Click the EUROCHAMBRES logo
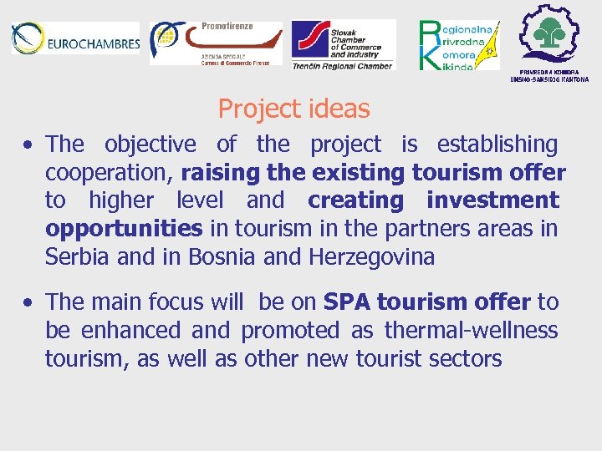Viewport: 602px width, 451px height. (x=74, y=40)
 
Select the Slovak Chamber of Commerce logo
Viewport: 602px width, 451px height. (x=343, y=44)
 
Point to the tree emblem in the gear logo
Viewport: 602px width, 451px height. (x=550, y=33)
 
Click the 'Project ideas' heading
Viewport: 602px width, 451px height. (x=293, y=109)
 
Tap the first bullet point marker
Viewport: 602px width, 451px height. (x=28, y=145)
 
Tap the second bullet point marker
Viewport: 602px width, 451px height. (x=28, y=302)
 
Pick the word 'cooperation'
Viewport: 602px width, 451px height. (x=109, y=173)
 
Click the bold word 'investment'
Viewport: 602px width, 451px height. (x=492, y=200)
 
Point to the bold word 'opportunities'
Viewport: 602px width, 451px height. (x=124, y=229)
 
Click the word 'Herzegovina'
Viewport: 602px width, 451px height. (x=371, y=257)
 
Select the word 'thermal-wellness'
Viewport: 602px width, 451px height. (x=471, y=330)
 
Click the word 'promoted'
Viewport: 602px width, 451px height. (x=292, y=330)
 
